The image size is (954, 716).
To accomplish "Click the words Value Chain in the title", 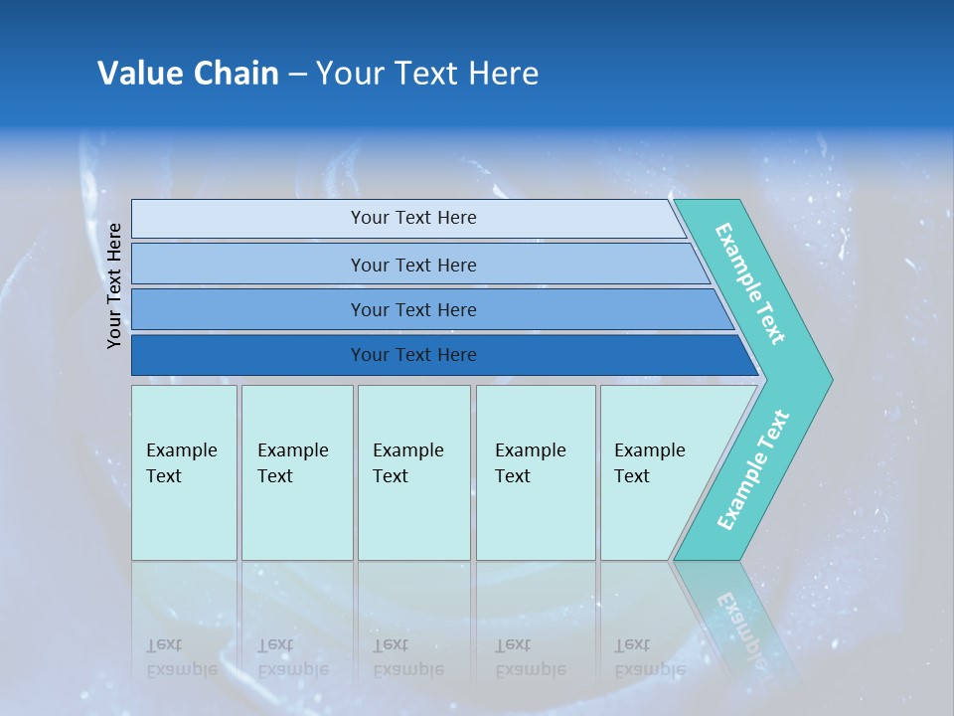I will [x=188, y=74].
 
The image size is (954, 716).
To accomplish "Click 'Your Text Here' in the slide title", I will [x=427, y=74].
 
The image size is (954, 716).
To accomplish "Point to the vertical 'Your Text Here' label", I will [x=115, y=285].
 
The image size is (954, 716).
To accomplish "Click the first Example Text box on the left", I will [x=184, y=472].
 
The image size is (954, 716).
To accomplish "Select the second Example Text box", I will [x=296, y=472].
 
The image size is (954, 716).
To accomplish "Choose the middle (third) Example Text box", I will [x=413, y=472].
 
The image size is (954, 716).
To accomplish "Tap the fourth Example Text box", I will [x=536, y=472].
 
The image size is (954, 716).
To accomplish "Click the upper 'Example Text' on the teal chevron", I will [x=750, y=284].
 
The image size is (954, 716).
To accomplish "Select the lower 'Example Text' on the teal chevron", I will [x=752, y=469].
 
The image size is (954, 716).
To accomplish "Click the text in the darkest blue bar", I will [x=413, y=355].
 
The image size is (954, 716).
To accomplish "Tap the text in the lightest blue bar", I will [x=413, y=218].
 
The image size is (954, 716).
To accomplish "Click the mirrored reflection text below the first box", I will [x=181, y=657].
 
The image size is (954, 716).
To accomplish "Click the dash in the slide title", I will [x=297, y=74].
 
